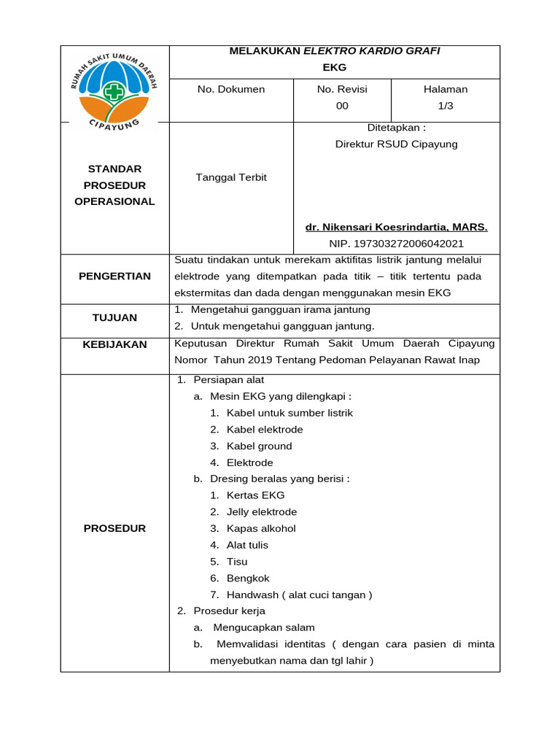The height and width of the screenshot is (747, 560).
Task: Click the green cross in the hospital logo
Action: tap(114, 91)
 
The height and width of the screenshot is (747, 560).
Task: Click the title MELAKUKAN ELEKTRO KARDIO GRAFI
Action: tap(335, 51)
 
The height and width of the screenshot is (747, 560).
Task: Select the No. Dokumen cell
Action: tap(231, 89)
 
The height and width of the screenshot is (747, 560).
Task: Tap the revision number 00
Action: tap(342, 106)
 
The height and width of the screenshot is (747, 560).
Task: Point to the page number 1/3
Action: tap(446, 106)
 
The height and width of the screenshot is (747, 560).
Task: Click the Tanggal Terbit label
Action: tap(231, 177)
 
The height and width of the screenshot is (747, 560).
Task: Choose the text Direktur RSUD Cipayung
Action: tap(396, 144)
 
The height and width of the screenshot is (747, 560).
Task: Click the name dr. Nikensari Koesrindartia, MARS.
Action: tap(396, 227)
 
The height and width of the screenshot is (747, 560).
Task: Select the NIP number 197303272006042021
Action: tap(396, 244)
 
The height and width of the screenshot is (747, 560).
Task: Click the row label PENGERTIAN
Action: tap(115, 276)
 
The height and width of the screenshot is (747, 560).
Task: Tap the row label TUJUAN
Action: tap(115, 317)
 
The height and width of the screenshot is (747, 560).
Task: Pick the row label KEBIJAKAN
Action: tap(115, 344)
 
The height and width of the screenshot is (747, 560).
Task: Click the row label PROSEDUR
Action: tap(115, 528)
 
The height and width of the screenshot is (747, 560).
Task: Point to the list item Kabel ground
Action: tap(259, 446)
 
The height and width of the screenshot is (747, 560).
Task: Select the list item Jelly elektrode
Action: tap(262, 512)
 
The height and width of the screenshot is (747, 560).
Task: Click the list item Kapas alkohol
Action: tap(261, 528)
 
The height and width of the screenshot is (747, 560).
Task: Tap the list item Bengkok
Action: tap(248, 578)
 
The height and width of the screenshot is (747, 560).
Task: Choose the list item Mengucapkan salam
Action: tap(263, 627)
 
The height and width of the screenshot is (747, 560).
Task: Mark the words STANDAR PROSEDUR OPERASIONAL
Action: tap(115, 185)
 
